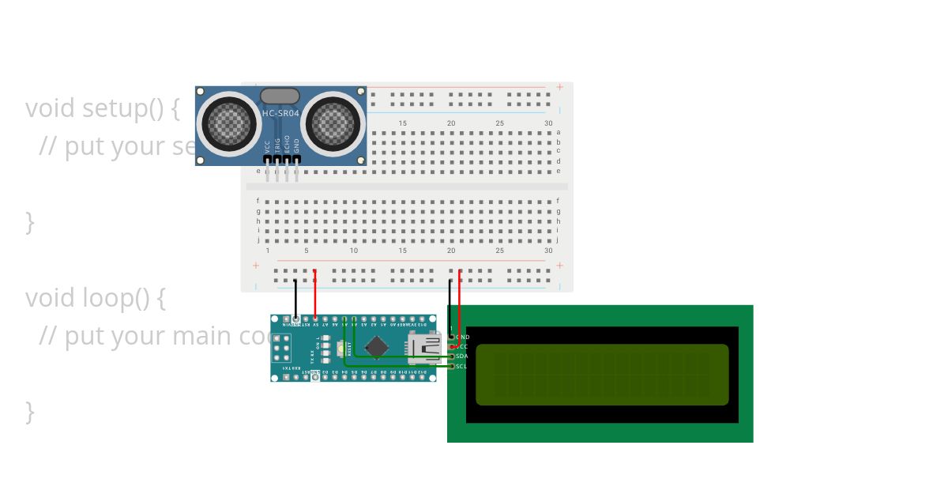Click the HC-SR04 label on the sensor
click(x=280, y=114)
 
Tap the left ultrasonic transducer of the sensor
click(x=230, y=123)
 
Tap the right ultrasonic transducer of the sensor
click(x=333, y=123)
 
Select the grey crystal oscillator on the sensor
click(x=280, y=96)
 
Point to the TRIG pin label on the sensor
click(x=277, y=145)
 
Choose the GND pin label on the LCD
click(x=463, y=338)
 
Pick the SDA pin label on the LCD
click(x=462, y=357)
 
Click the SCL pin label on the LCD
click(x=461, y=366)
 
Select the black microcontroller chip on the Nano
click(x=377, y=347)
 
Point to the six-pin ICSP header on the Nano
click(x=282, y=348)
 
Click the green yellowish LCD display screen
click(x=602, y=374)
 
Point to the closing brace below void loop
click(x=30, y=411)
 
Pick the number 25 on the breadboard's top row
click(x=499, y=123)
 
